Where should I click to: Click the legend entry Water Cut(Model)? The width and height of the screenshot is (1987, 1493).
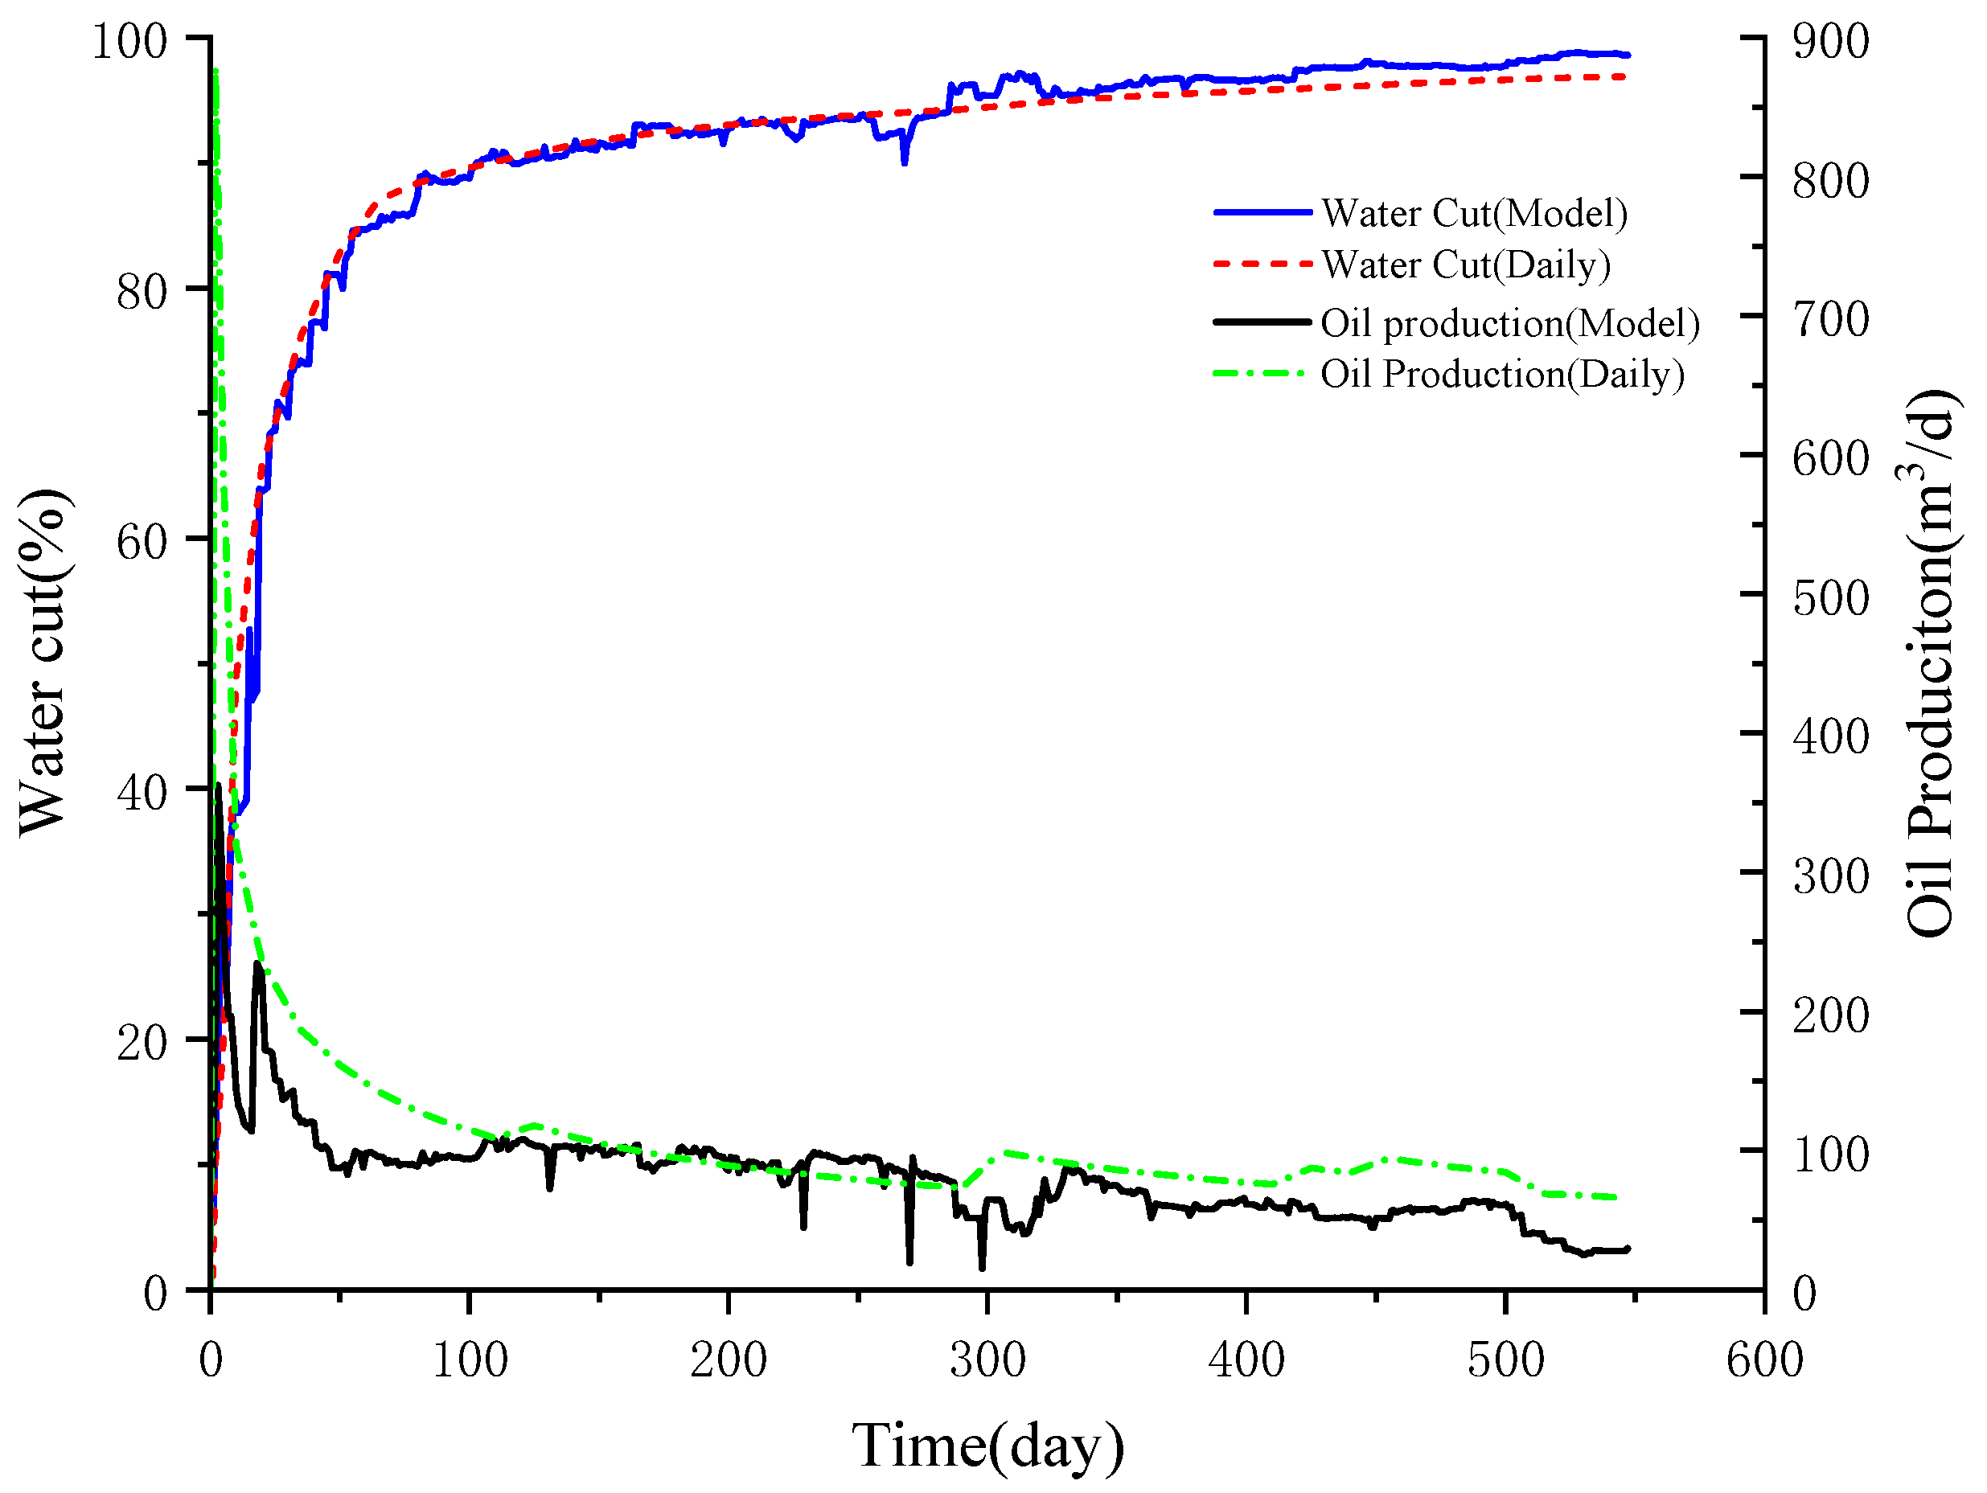point(1473,214)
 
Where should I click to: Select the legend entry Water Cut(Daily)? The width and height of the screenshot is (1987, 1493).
point(1465,265)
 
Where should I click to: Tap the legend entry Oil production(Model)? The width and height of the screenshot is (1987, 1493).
point(1509,323)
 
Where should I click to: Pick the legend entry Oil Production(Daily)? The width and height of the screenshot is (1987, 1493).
point(1501,375)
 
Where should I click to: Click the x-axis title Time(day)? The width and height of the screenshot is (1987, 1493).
point(987,1446)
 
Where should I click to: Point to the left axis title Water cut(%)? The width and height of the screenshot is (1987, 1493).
point(43,663)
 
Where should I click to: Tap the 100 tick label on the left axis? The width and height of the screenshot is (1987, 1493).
point(129,43)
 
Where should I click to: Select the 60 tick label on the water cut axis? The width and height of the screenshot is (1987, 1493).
point(142,543)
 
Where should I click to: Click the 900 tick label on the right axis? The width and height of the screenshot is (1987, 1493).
point(1830,43)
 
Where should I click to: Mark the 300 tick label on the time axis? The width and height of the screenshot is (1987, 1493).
point(987,1360)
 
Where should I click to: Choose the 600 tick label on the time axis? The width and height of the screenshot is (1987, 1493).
point(1763,1360)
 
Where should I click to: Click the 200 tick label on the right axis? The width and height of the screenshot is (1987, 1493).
point(1830,1016)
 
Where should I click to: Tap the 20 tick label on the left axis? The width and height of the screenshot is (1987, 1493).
point(142,1043)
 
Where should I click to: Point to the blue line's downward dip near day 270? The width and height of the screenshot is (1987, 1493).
point(905,162)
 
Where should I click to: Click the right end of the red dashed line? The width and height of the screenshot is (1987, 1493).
point(1626,77)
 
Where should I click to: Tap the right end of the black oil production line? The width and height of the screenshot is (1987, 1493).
point(1627,1249)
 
